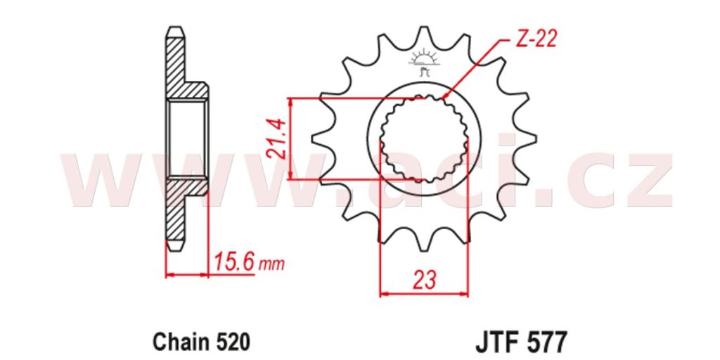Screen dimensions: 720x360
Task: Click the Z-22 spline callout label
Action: [x=536, y=39]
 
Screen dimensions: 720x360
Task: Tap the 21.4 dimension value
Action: [x=277, y=139]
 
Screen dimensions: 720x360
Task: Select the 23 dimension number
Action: [x=424, y=281]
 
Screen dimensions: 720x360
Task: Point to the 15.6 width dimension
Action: [x=234, y=264]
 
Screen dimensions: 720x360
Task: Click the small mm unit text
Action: [x=271, y=265]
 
